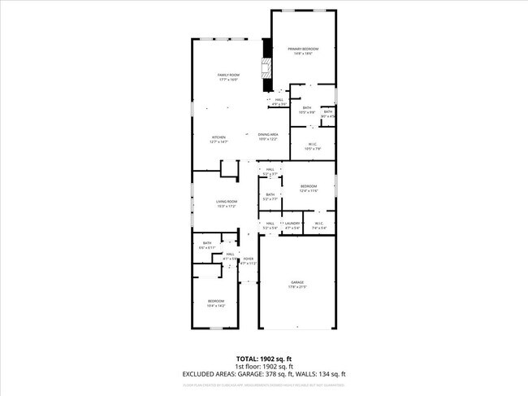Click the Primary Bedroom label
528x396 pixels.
pos(303,50)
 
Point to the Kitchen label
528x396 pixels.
pos(219,137)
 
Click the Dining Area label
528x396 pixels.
pos(269,136)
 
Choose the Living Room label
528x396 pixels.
pos(227,202)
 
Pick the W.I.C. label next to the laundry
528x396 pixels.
pos(318,224)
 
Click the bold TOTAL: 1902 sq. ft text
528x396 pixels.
pos(263,358)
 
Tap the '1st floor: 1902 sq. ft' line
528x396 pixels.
pos(263,366)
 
